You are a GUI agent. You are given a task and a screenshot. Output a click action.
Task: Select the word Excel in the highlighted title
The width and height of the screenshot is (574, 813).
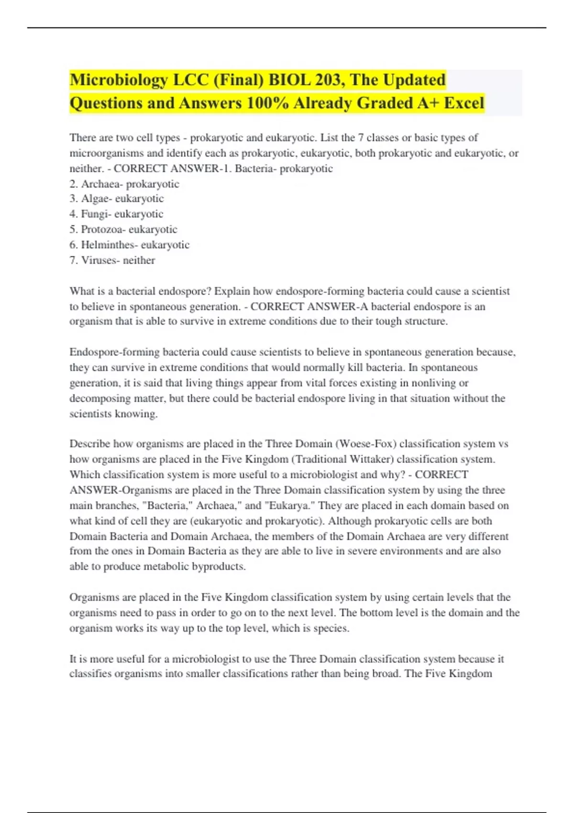(464, 103)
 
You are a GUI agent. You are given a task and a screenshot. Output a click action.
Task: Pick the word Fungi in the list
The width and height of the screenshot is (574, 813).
(94, 214)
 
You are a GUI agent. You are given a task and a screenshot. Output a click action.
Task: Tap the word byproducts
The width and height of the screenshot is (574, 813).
(221, 566)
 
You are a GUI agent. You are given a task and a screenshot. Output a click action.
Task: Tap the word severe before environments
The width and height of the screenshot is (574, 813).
(361, 551)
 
